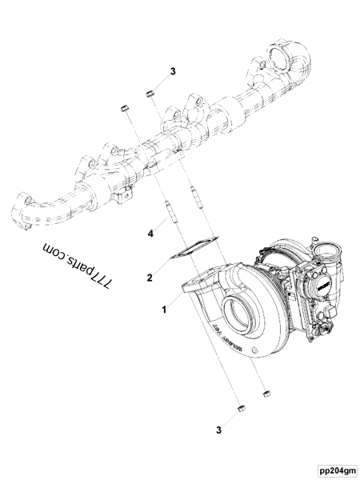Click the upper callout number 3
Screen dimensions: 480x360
pyautogui.click(x=172, y=71)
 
